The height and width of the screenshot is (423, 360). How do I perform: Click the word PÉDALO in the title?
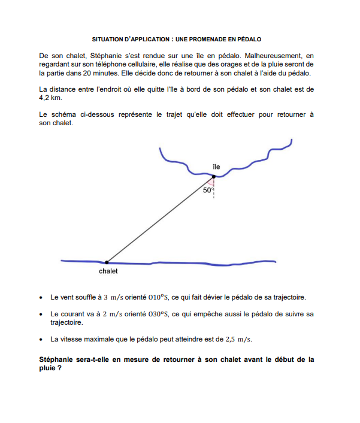pos(249,39)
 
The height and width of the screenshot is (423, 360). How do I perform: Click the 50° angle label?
pos(207,190)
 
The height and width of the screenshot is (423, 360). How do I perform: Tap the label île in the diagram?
pos(216,166)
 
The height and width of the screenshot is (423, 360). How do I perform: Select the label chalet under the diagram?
pos(108,271)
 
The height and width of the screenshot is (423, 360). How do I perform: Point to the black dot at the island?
pos(214,176)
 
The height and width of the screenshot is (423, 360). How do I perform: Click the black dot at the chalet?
pos(107,262)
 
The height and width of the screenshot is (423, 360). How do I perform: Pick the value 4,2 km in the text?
pos(50,97)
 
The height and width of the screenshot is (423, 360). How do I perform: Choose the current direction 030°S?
pos(157,313)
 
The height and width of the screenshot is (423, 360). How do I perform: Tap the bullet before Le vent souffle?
pos(40,297)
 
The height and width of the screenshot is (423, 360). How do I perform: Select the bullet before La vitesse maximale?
pos(40,339)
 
